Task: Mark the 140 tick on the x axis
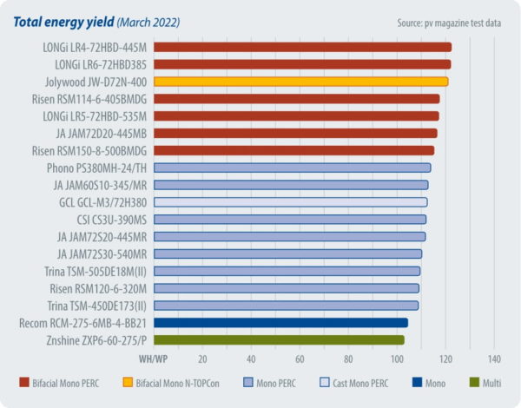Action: click(x=495, y=359)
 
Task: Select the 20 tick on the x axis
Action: click(x=203, y=359)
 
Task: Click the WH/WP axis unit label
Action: click(x=154, y=359)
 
